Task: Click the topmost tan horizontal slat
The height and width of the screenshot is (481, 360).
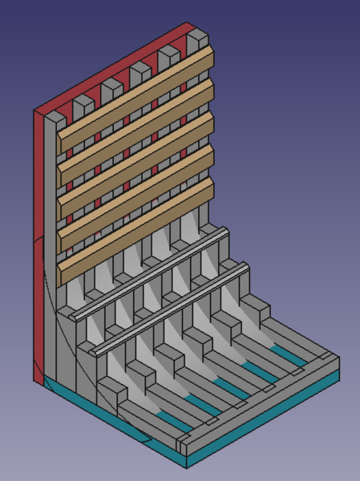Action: (136, 96)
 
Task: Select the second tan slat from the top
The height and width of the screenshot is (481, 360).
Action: (136, 129)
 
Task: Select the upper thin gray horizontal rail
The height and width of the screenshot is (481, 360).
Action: (152, 273)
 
